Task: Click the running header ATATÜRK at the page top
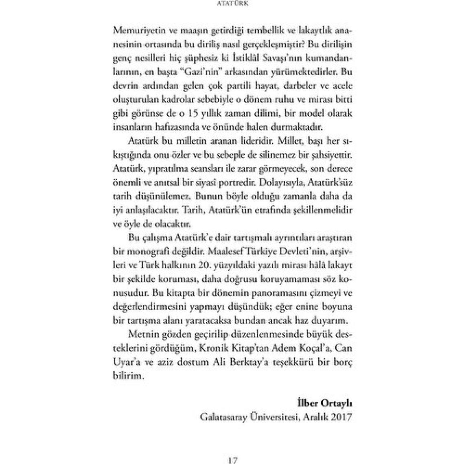(232, 4)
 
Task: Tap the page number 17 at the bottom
(232, 460)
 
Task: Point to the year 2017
(340, 417)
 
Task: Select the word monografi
(155, 251)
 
